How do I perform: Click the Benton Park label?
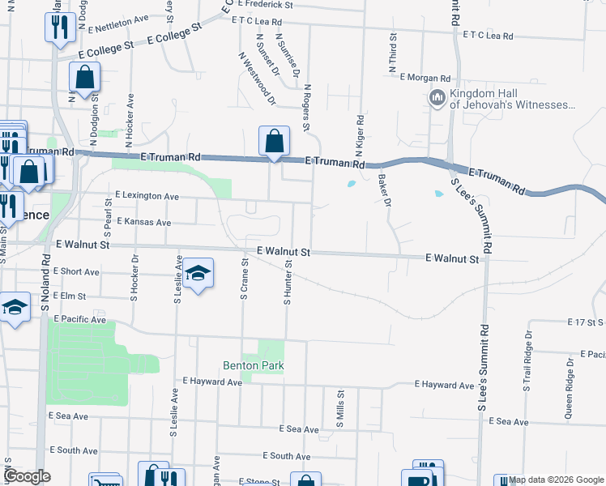pos(254,366)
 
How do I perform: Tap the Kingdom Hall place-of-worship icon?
pos(437,98)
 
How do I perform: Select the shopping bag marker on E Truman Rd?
pos(275,141)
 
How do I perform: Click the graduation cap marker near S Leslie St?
pos(197,274)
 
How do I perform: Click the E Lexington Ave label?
pos(147,196)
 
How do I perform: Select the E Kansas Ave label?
pos(144,222)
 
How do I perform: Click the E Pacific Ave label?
pos(77,320)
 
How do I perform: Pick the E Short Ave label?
pos(79,271)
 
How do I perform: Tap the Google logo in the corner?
pos(27,476)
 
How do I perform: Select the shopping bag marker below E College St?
pos(85,79)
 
